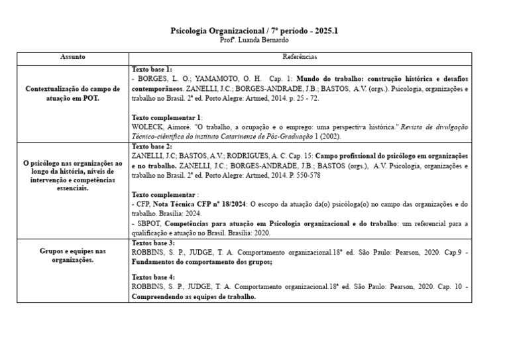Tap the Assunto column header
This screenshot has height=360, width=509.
coord(72,58)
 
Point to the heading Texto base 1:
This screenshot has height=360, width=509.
coord(152,69)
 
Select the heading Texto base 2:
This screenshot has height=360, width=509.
coord(152,146)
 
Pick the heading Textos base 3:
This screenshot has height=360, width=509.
coord(153,243)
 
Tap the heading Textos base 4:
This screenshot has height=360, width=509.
coord(153,276)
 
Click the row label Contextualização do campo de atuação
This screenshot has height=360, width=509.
coord(72,93)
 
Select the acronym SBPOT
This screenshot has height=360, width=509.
coord(150,224)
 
